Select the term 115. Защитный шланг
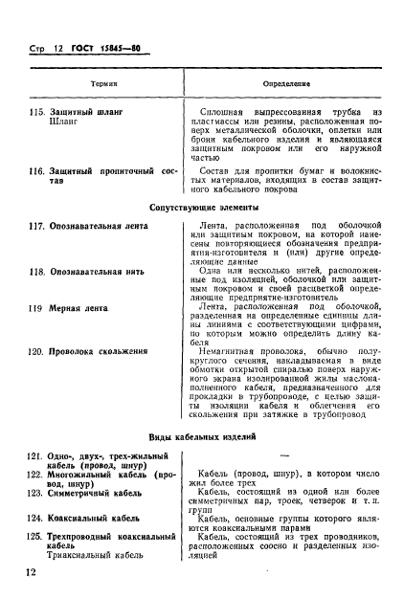85,112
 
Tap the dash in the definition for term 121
286,455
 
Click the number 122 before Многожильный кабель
38,474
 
